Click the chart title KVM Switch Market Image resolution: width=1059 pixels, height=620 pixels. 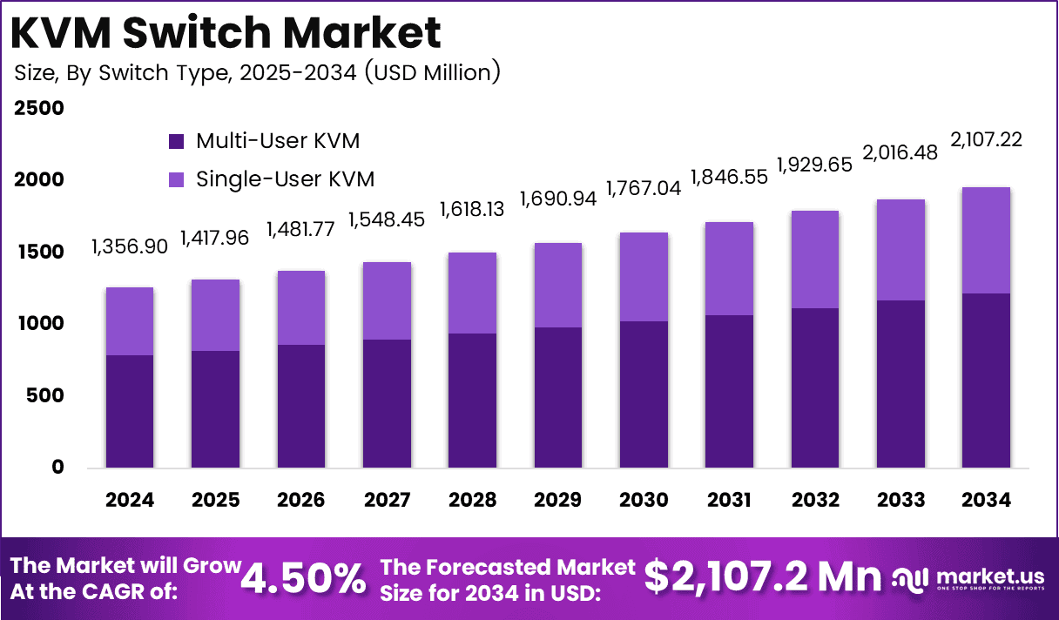[227, 32]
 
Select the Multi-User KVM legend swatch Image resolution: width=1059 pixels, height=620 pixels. [177, 141]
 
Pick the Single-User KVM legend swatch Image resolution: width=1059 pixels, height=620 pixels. [177, 180]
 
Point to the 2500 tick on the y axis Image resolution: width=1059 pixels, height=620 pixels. [39, 108]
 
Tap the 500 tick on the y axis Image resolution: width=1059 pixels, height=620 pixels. [44, 395]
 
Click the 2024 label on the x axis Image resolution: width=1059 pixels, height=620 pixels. [130, 501]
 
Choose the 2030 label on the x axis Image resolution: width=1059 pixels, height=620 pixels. [644, 501]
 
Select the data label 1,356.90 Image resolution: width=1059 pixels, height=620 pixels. [129, 248]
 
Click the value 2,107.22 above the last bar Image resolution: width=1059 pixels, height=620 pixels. [986, 139]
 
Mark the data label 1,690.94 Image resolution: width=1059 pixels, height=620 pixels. [558, 199]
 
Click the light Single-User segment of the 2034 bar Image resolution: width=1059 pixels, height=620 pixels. [986, 240]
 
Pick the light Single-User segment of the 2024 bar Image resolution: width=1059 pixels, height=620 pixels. [130, 321]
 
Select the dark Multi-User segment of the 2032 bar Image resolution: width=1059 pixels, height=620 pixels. [814, 387]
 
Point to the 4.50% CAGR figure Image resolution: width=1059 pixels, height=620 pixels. [304, 577]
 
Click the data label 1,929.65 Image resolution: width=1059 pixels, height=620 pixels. [814, 165]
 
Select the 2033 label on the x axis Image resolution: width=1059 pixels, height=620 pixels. [900, 501]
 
